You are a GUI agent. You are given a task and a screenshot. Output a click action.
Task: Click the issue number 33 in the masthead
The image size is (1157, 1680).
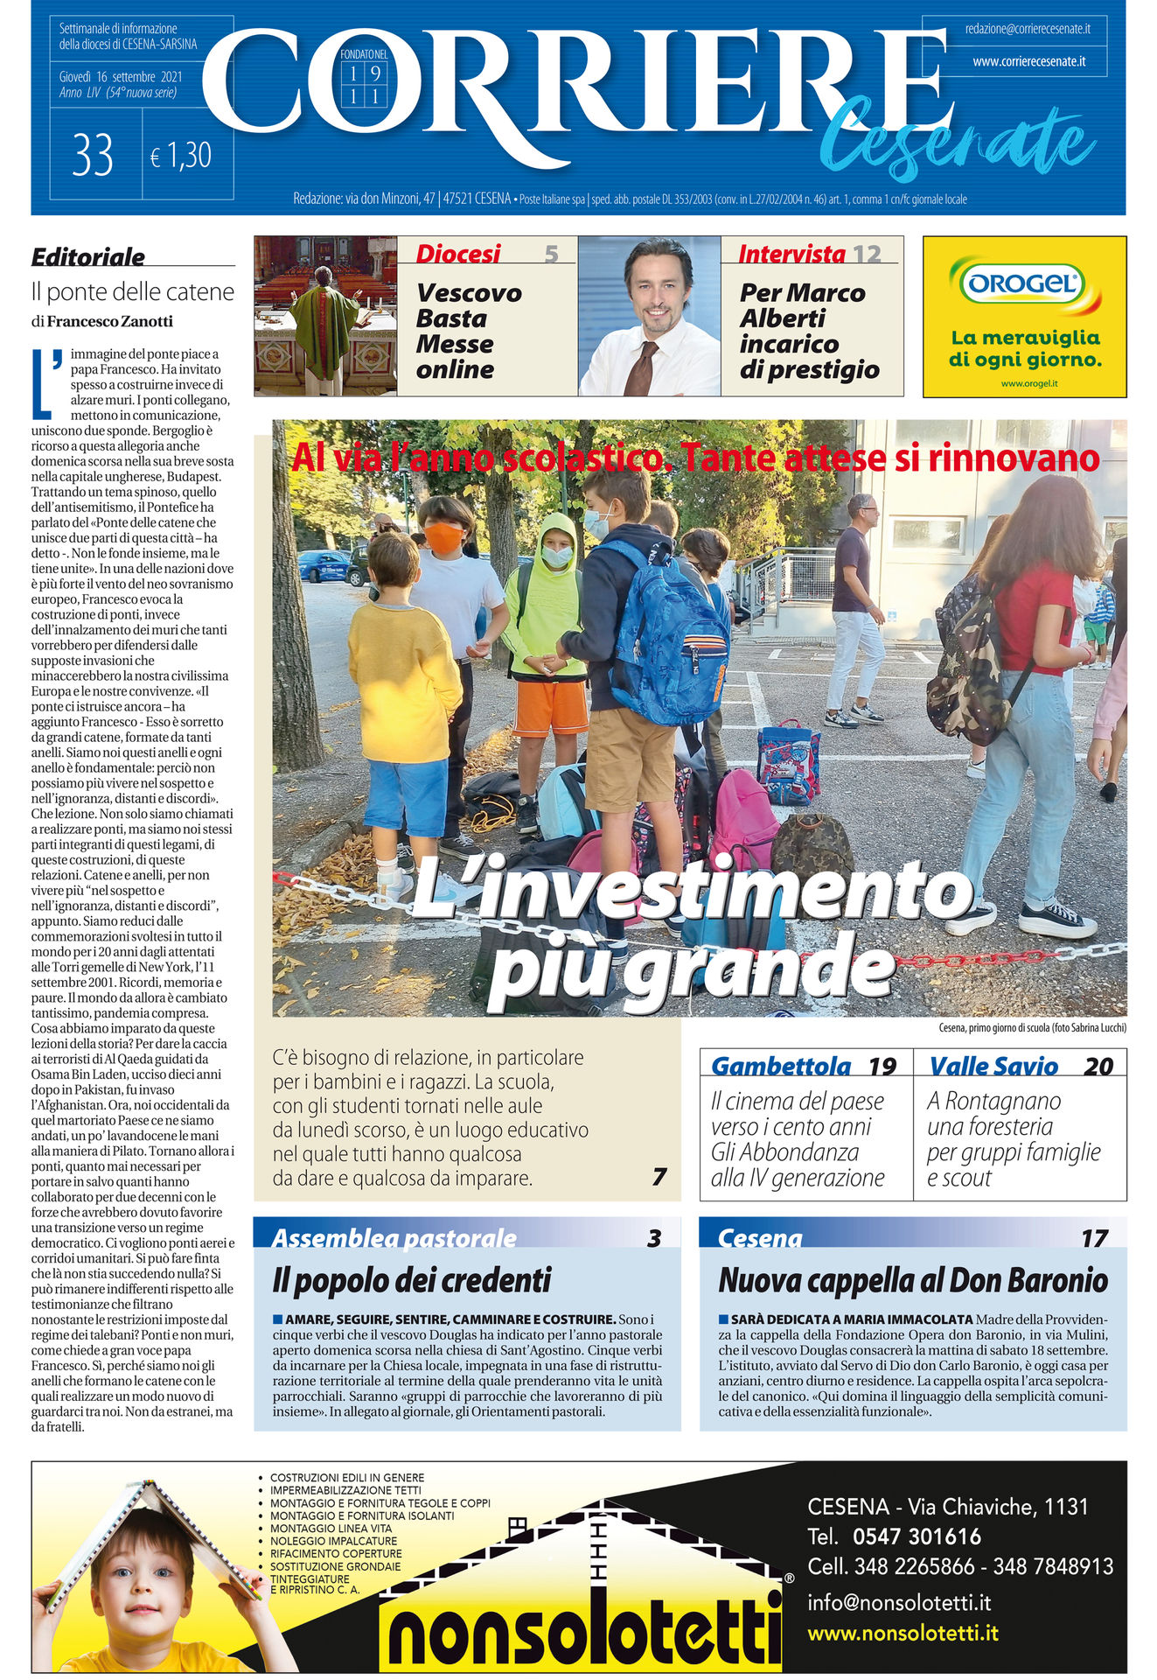click(94, 156)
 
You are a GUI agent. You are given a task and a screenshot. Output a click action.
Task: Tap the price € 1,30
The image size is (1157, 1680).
click(181, 156)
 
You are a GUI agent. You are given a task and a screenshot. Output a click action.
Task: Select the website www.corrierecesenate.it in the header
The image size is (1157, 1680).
click(1028, 62)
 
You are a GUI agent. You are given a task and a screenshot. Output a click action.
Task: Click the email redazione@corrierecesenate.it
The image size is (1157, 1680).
click(1027, 29)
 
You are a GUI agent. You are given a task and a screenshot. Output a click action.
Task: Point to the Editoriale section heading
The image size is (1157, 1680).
click(88, 256)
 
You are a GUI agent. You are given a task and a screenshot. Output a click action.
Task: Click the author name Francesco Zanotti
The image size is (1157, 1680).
click(109, 321)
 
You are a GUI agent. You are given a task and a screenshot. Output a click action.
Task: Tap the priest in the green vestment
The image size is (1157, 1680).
click(324, 328)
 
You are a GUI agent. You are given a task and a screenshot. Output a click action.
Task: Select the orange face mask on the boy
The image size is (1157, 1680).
click(445, 536)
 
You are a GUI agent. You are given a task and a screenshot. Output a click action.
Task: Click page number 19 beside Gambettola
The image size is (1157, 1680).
click(882, 1067)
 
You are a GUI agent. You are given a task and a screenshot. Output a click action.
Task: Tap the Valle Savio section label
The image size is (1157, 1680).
click(993, 1067)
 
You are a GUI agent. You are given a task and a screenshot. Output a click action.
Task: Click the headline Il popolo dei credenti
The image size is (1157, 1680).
click(412, 1281)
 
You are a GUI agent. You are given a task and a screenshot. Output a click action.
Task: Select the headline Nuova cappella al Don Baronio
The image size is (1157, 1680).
click(912, 1281)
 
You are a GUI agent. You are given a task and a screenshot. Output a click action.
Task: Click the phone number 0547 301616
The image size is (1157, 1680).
click(917, 1536)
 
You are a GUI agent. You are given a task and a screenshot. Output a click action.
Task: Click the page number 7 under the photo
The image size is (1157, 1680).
click(659, 1178)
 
